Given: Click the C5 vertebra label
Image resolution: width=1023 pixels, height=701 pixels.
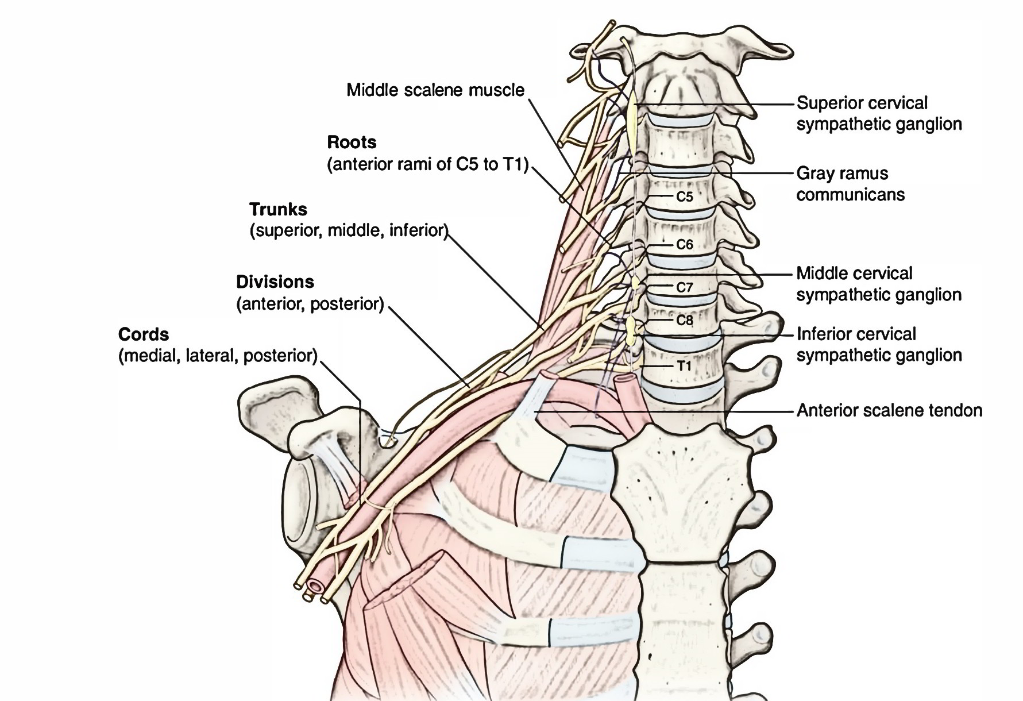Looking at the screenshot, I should (684, 197).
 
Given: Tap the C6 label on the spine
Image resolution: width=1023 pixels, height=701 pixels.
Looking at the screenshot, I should (684, 245).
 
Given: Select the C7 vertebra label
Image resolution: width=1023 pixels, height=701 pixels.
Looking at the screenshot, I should (684, 287).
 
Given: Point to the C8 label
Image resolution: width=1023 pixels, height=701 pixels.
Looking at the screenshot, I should (684, 320).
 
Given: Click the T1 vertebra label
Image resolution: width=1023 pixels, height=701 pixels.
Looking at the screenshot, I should (683, 365).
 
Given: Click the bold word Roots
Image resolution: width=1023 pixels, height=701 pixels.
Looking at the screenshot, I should (352, 142).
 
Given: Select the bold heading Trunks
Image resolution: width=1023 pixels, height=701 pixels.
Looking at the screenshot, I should (278, 209).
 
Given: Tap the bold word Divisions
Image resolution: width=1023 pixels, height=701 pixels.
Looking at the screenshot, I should (275, 282).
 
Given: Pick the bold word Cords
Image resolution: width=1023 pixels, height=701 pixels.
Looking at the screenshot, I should (144, 334).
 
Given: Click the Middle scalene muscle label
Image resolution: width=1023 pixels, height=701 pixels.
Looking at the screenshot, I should (435, 90).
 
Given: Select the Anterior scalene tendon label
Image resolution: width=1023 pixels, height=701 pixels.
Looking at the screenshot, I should (889, 410).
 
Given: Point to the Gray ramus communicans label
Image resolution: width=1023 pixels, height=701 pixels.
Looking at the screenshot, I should (850, 184).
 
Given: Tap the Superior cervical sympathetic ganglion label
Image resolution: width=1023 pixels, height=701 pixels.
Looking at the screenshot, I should (879, 114).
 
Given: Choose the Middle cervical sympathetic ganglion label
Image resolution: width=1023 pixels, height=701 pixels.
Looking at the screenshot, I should (879, 284).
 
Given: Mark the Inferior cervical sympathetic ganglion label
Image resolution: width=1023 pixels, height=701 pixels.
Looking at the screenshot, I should (879, 345).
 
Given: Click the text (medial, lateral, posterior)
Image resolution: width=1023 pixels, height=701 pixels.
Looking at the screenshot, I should (218, 356).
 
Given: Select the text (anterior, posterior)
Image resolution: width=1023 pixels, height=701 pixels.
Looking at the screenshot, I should (310, 304).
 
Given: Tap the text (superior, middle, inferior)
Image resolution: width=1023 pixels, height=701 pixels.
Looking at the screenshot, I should (348, 231).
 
